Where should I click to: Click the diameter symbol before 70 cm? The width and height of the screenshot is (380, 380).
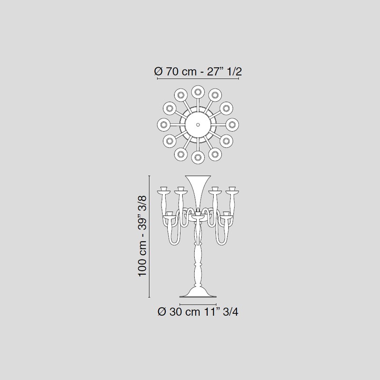pyautogui.click(x=158, y=72)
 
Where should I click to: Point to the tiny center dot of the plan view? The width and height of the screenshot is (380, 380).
pyautogui.click(x=198, y=124)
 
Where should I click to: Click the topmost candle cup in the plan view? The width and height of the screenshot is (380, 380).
pyautogui.click(x=198, y=92)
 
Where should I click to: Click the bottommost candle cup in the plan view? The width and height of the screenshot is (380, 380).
pyautogui.click(x=198, y=157)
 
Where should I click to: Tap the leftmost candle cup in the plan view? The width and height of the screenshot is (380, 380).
pyautogui.click(x=164, y=124)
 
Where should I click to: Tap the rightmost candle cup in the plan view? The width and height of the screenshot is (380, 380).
pyautogui.click(x=232, y=124)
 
